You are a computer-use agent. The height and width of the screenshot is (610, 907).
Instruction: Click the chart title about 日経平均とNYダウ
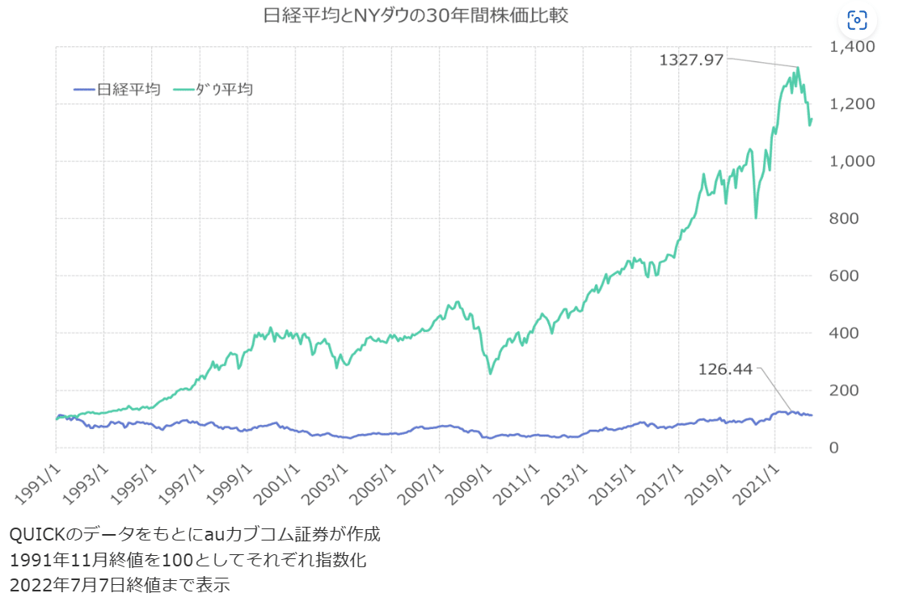click(416, 15)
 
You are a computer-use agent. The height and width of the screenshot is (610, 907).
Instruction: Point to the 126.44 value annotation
click(724, 369)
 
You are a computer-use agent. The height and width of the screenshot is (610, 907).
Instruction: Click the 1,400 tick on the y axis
click(853, 47)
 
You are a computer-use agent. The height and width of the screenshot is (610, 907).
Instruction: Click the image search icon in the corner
click(857, 20)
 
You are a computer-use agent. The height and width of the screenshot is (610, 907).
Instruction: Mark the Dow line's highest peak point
click(799, 68)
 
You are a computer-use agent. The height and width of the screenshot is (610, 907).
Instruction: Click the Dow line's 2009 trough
click(491, 373)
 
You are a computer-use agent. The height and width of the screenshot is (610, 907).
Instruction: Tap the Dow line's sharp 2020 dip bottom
click(756, 217)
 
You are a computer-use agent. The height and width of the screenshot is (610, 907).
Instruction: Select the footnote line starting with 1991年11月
click(188, 559)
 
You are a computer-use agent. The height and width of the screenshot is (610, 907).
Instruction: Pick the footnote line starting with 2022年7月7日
click(120, 584)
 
